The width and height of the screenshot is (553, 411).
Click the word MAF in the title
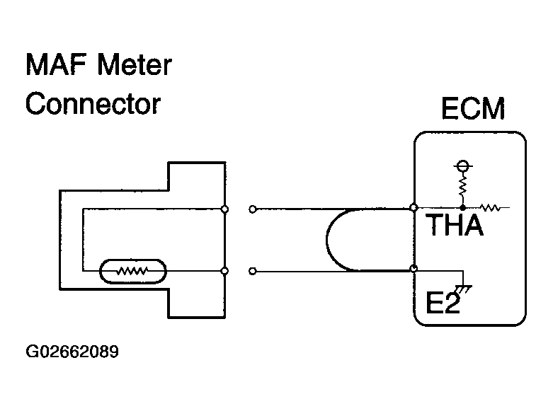pos(55,66)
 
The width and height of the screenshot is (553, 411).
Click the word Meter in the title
pos(135,66)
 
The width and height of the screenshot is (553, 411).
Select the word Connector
pos(93,104)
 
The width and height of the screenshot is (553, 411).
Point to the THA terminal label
pos(454,226)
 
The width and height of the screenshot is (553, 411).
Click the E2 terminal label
pos(443,304)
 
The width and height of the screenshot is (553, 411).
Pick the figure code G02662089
pos(71,352)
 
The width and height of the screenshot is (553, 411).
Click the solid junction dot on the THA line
pos(462,208)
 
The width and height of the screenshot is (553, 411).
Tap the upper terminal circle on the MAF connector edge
pos(224,209)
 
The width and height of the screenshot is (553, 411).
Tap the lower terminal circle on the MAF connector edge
pos(224,270)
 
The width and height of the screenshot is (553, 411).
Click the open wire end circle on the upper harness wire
pos(253,209)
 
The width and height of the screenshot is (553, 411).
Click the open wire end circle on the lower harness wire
pos(253,270)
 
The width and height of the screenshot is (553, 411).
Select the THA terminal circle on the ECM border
pos(414,208)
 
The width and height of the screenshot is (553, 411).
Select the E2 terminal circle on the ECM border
pos(414,270)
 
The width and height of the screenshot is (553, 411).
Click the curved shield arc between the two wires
pos(328,239)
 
